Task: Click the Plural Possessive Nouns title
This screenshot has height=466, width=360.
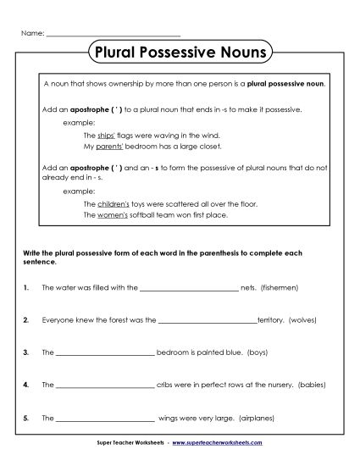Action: click(x=180, y=53)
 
